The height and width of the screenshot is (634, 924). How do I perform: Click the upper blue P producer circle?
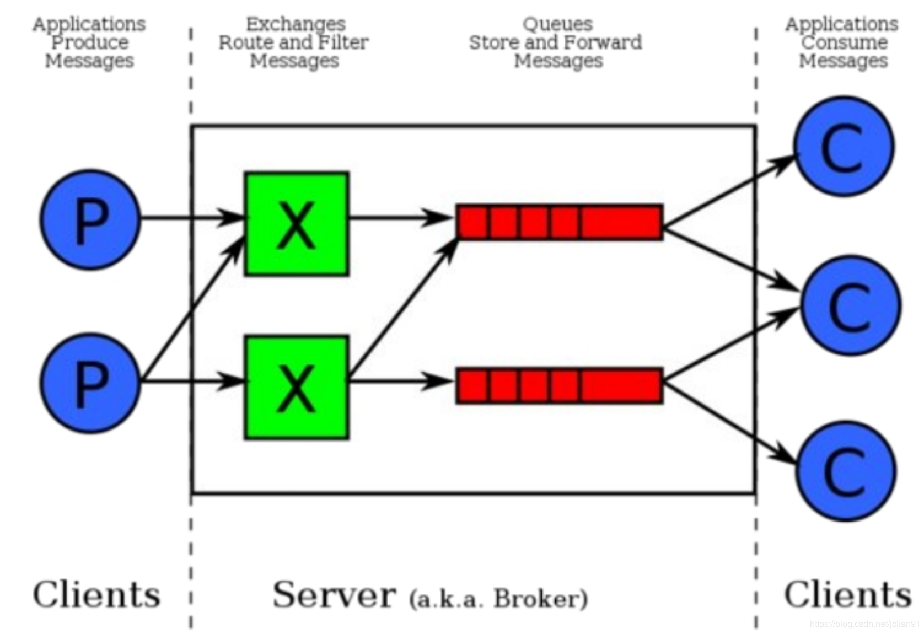click(x=90, y=219)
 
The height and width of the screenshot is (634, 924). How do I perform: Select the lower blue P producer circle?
click(x=90, y=383)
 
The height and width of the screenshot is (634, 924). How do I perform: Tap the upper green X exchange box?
click(x=297, y=224)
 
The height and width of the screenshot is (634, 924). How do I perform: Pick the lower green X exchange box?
click(x=297, y=388)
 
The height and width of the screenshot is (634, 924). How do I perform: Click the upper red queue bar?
click(x=560, y=222)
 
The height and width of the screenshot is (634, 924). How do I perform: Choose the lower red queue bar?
click(x=560, y=386)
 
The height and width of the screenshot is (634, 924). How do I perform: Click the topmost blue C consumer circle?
click(x=844, y=146)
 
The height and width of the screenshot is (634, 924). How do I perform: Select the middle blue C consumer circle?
click(x=851, y=305)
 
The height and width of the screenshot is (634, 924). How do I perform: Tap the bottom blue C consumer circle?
click(x=846, y=471)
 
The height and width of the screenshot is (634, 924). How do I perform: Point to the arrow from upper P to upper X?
click(x=192, y=217)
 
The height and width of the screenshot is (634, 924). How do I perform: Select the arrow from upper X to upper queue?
click(x=401, y=217)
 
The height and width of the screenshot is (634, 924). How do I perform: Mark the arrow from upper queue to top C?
click(x=729, y=191)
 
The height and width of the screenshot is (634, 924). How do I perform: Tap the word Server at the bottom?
click(x=335, y=594)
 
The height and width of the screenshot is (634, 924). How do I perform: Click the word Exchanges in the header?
click(x=296, y=24)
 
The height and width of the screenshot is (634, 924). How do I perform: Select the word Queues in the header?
click(x=558, y=24)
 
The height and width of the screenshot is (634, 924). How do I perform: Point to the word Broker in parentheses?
click(x=537, y=598)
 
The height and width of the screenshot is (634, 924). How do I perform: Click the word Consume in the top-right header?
click(x=844, y=42)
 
